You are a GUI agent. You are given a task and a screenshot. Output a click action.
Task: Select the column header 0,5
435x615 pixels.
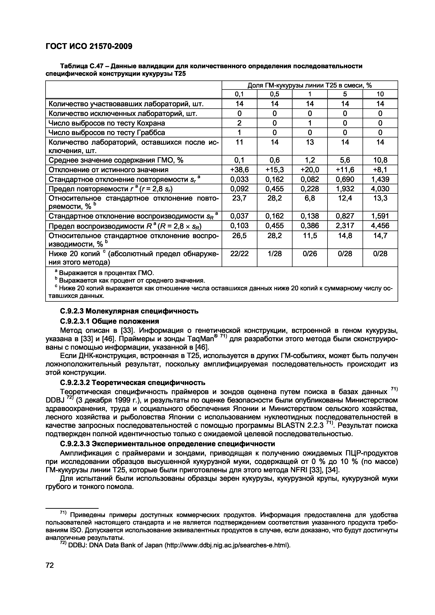274,94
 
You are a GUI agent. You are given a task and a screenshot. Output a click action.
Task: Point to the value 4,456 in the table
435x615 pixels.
380,225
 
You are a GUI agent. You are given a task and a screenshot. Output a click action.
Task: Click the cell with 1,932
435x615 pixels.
345,189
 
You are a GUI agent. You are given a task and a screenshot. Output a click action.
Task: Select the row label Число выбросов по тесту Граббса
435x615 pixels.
107,133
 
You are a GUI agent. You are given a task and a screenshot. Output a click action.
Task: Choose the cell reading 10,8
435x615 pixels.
380,160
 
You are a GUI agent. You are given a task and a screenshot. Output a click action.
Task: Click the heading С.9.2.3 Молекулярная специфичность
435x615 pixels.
129,311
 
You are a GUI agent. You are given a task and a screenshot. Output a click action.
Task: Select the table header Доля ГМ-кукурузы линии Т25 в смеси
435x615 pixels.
310,85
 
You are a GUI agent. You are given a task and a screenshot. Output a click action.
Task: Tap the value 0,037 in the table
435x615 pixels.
239,216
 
